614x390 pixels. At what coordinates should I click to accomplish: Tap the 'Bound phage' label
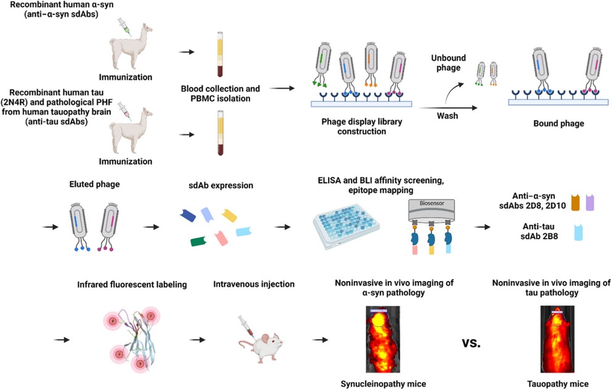pyautogui.click(x=559, y=123)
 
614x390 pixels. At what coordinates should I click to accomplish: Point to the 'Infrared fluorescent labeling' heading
pyautogui.click(x=131, y=285)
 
